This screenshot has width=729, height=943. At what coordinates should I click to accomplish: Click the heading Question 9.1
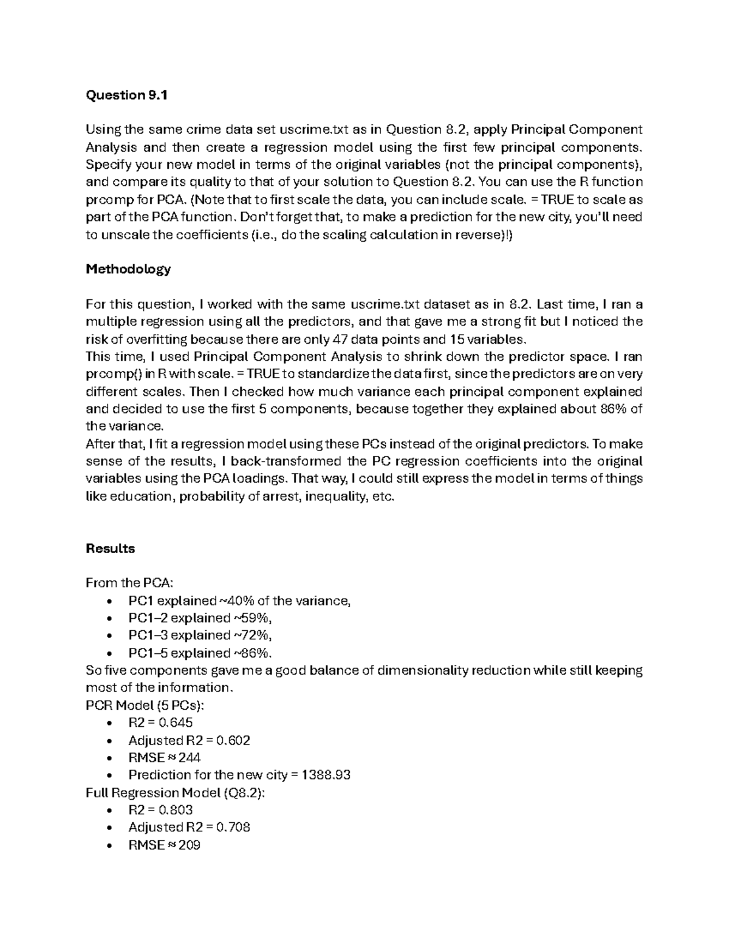[x=126, y=95]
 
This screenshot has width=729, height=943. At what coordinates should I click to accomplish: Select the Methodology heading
[x=128, y=268]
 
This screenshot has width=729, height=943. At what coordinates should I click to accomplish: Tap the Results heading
[x=110, y=548]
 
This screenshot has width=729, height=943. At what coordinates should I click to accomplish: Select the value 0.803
[x=176, y=810]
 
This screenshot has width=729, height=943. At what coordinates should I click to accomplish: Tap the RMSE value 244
[x=190, y=758]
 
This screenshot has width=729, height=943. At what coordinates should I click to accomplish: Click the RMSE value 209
[x=190, y=845]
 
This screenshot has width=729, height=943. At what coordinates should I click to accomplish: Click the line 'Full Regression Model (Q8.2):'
[x=175, y=792]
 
